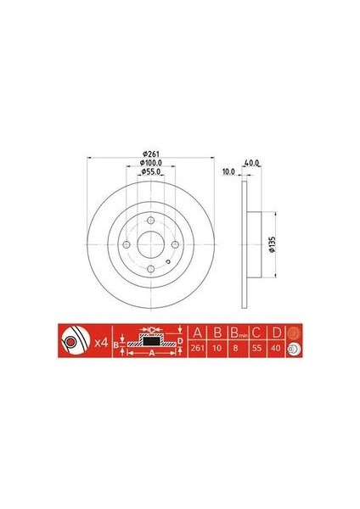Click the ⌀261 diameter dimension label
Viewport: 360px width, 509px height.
(x=151, y=154)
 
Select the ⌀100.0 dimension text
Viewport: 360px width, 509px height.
(x=151, y=162)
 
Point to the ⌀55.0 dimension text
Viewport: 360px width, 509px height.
(x=151, y=171)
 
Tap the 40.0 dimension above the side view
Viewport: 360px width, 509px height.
(x=251, y=163)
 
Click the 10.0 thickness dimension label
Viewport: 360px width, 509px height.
(x=228, y=171)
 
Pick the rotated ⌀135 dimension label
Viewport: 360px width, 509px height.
(x=273, y=244)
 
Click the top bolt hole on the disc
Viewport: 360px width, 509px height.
(x=151, y=221)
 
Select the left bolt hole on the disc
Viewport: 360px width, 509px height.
(x=127, y=245)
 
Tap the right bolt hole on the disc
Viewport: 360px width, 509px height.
(x=175, y=245)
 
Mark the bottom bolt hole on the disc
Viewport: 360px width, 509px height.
(x=151, y=269)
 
